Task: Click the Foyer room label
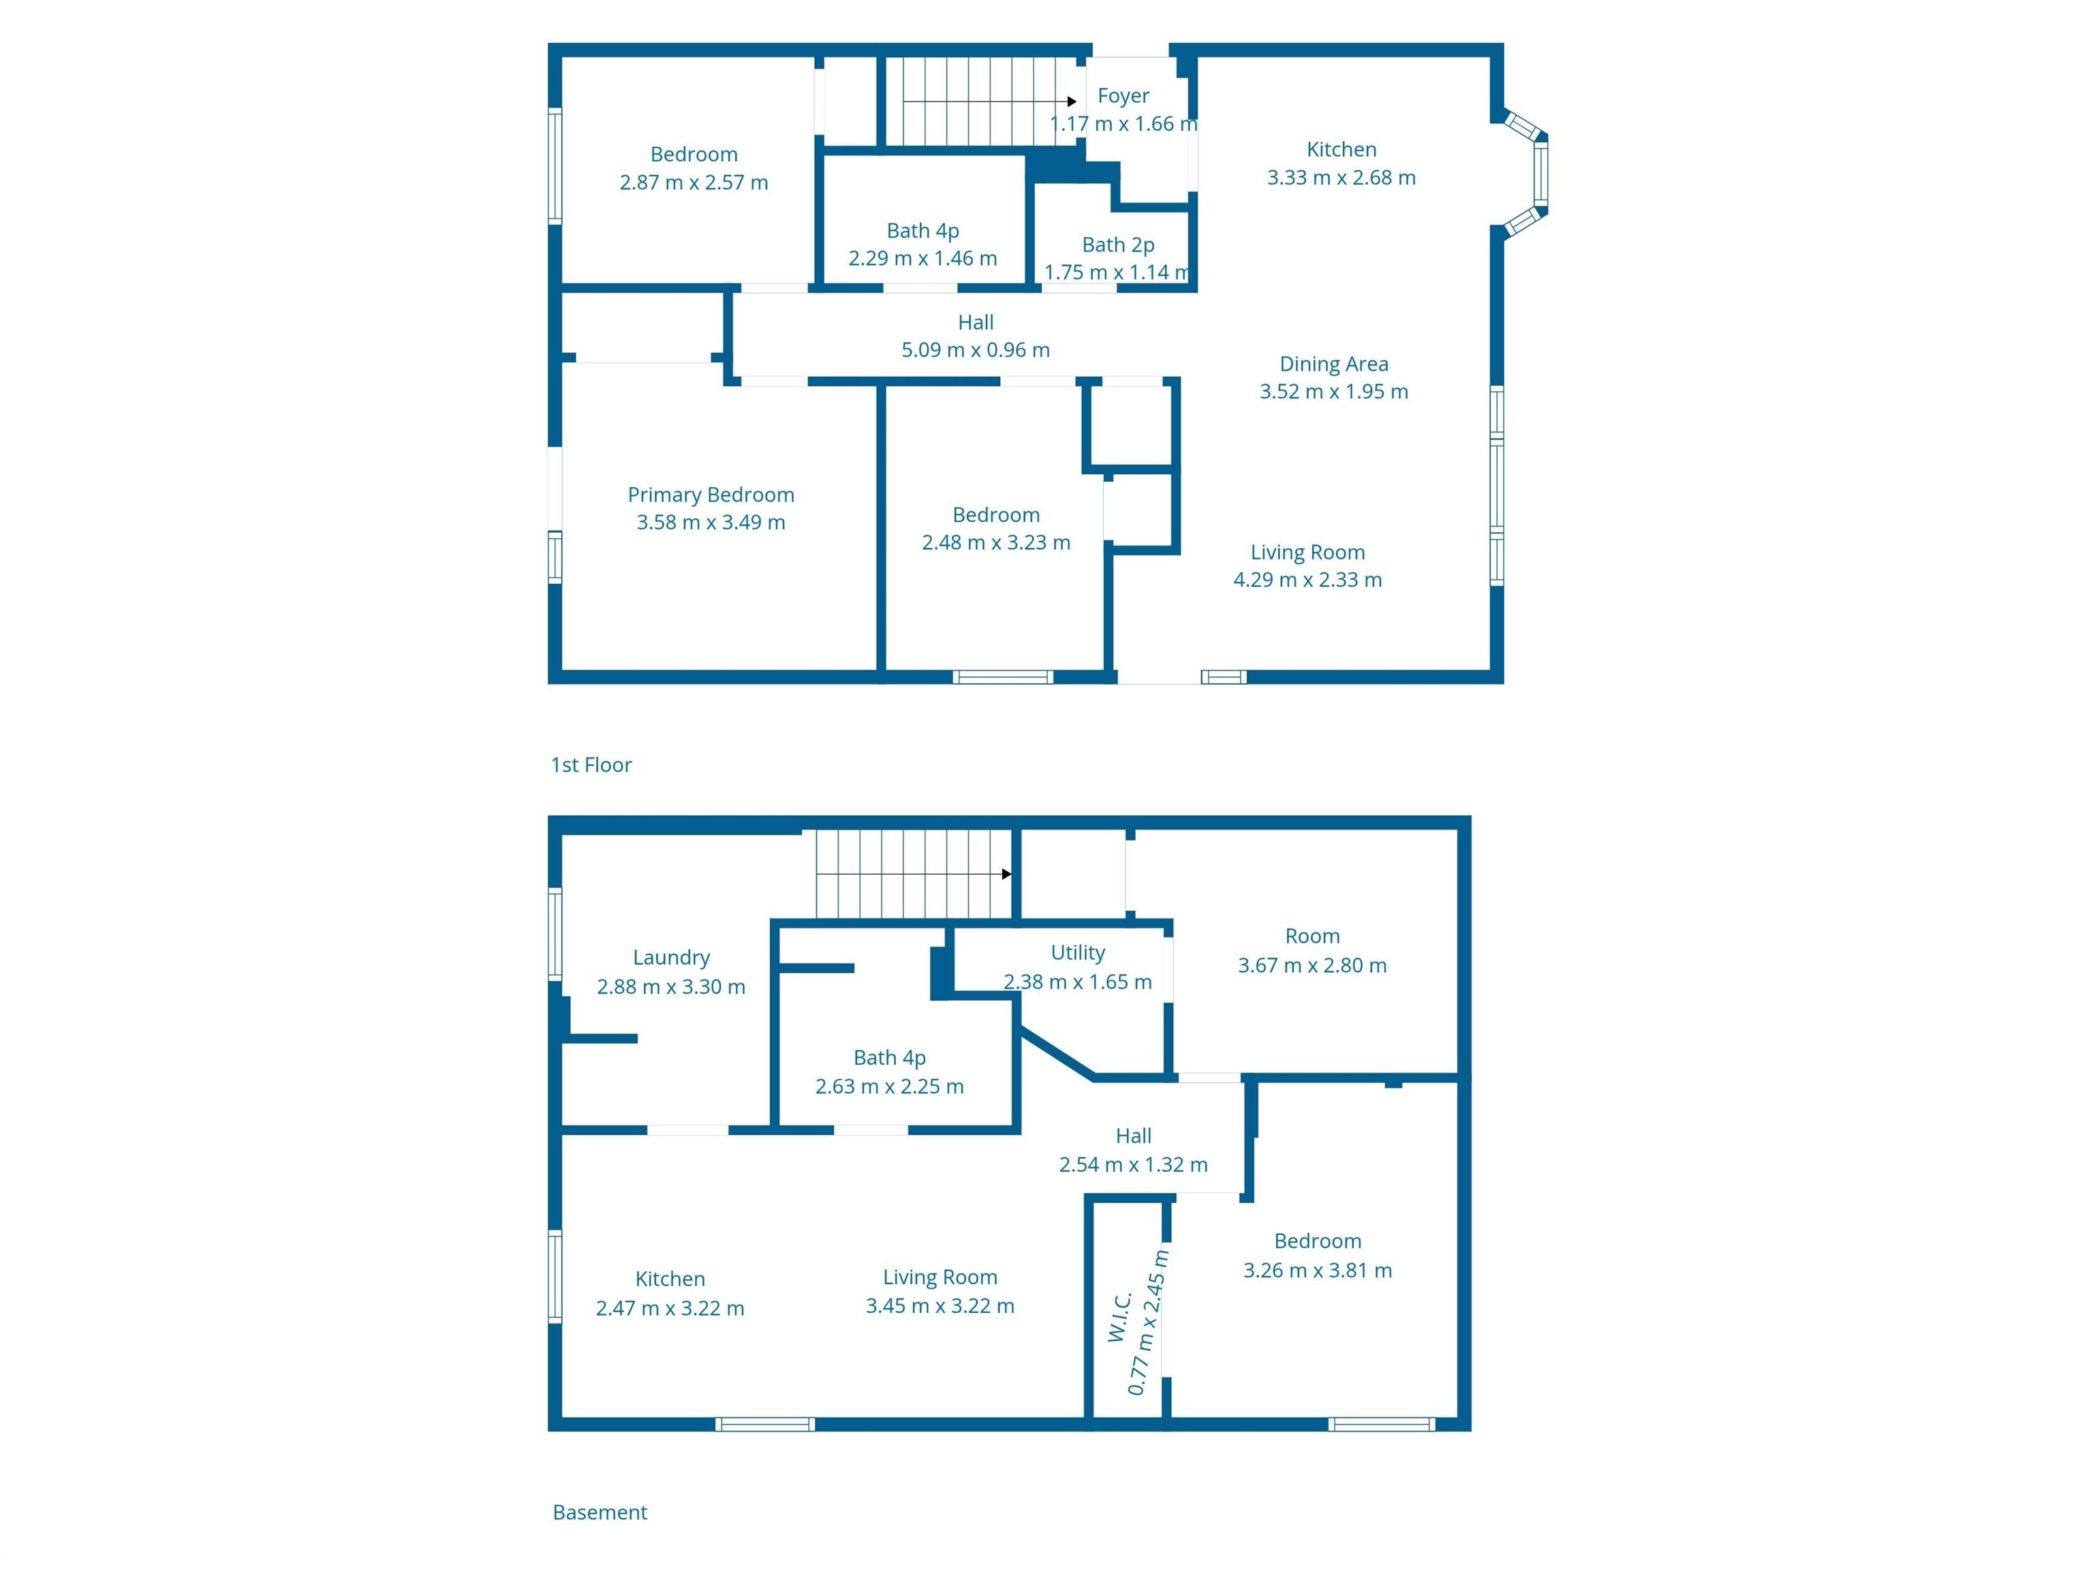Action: [x=1123, y=95]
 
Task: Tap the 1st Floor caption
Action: [x=591, y=764]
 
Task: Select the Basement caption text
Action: [x=600, y=1512]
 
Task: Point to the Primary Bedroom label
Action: [x=711, y=495]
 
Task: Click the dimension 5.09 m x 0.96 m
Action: [x=976, y=350]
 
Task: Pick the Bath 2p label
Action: [x=1119, y=245]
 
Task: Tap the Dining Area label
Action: [x=1334, y=364]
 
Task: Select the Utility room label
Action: [x=1078, y=953]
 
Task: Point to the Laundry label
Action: [x=671, y=958]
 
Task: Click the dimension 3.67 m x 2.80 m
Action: [x=1312, y=965]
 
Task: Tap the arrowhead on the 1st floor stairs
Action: [x=1072, y=102]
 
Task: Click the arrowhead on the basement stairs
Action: [x=1007, y=874]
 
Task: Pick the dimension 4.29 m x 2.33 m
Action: [x=1307, y=580]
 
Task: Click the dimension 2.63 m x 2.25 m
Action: [x=889, y=1087]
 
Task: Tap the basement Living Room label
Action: [x=940, y=1277]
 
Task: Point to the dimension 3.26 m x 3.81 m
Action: [x=1317, y=1270]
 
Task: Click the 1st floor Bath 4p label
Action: [x=923, y=231]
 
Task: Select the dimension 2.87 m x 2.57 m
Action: [x=694, y=183]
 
